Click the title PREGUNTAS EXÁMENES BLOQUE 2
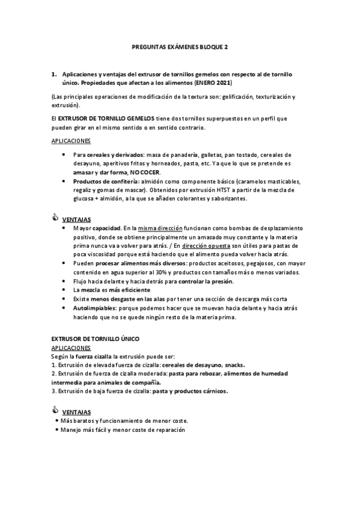180,45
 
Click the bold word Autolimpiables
92,308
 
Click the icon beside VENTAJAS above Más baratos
56,411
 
